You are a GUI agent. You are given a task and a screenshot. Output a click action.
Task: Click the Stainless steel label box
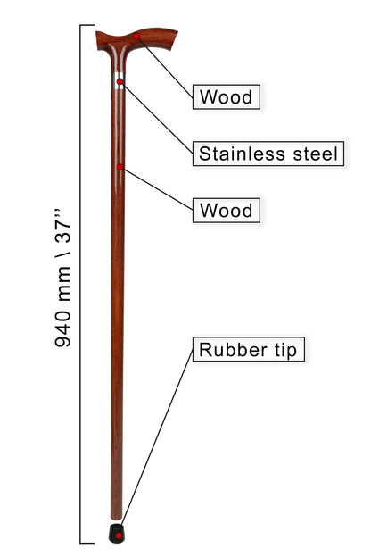[268, 154]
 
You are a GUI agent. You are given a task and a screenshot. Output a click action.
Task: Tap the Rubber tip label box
[249, 349]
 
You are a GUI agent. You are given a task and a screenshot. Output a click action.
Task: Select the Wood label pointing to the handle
[227, 96]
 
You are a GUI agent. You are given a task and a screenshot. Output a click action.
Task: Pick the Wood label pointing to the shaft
[227, 211]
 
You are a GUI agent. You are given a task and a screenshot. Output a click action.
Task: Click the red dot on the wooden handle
[136, 37]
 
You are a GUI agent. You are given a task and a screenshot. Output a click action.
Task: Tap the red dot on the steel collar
[120, 82]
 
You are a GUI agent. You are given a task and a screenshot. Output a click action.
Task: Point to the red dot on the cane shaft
[120, 167]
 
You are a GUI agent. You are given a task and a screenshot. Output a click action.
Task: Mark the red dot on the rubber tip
[120, 536]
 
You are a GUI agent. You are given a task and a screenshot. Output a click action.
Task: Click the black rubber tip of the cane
[117, 533]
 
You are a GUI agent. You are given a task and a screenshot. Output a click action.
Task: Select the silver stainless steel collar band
[119, 81]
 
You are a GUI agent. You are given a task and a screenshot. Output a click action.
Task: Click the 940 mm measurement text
[62, 306]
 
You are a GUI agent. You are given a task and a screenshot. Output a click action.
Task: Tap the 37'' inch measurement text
[62, 228]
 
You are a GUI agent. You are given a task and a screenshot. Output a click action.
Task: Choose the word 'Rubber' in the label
[233, 350]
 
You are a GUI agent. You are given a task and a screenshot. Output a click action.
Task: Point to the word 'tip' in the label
[285, 350]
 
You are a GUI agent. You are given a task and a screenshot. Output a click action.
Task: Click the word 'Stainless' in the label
[242, 154]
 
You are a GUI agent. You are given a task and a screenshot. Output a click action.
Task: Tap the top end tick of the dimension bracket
[87, 25]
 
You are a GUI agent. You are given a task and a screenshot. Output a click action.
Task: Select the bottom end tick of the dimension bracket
[87, 543]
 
